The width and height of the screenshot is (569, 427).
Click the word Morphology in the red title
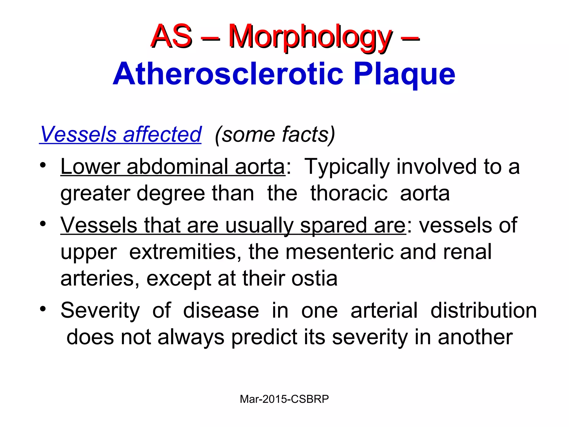coord(310,38)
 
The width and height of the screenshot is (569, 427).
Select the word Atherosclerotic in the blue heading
coord(228,74)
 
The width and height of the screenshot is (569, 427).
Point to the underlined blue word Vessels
coord(78,135)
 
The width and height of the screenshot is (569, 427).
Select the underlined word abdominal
coord(178,167)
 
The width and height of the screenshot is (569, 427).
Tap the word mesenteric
coord(339,252)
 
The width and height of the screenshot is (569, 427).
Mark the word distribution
coord(483,311)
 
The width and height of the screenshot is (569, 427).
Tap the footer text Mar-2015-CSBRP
coord(284,399)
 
